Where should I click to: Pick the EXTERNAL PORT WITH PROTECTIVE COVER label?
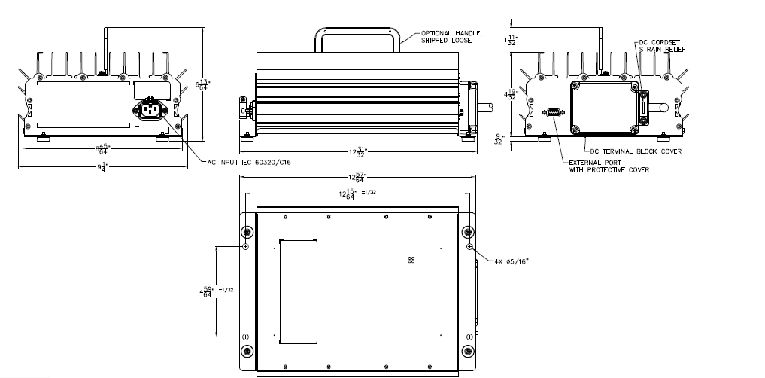(609, 166)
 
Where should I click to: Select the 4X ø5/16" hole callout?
(515, 261)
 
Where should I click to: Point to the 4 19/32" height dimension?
(512, 95)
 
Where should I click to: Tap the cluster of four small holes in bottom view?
(411, 259)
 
